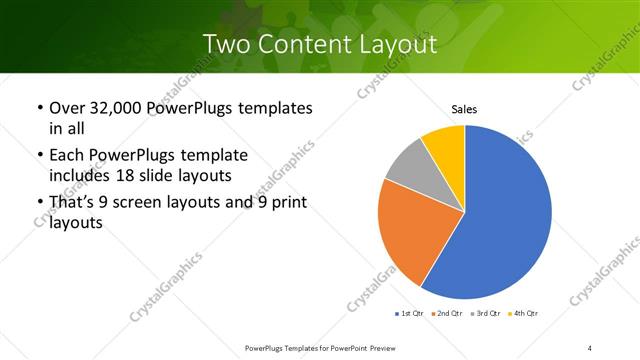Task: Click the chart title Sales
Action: click(465, 109)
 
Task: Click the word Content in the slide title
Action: click(314, 44)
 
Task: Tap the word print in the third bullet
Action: click(287, 204)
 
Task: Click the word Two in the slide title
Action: click(227, 44)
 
